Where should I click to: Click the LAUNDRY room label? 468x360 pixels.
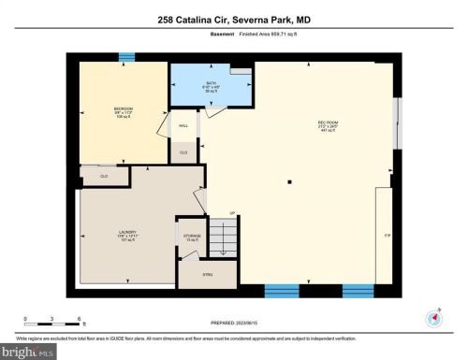[127, 234]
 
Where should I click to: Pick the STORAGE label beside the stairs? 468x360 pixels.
[191, 236]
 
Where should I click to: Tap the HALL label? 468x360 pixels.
[183, 123]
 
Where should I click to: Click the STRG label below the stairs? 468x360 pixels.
[208, 276]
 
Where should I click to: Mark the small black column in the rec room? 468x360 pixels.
[290, 181]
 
